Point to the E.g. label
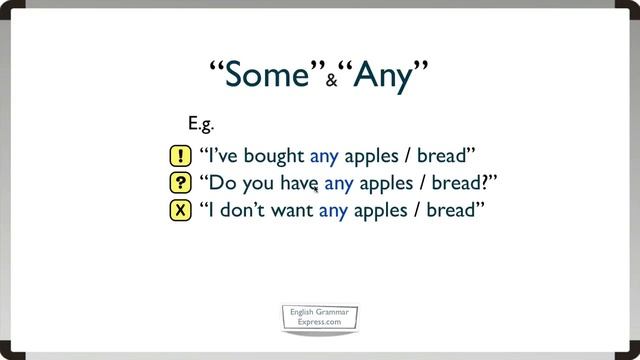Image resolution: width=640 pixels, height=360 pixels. pos(202,124)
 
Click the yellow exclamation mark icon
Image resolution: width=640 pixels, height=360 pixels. pos(180,157)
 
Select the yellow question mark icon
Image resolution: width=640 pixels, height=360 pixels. pos(180,184)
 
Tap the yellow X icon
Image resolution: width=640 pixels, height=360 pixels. pos(180,211)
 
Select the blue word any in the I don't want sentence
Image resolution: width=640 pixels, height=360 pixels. pos(333,211)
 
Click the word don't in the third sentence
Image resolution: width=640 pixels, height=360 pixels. pos(243,211)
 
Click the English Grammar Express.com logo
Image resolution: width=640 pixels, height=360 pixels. pos(319,319)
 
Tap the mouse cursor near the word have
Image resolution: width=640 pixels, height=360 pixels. pos(316,187)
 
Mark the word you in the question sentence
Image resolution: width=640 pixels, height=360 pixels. pos(255,184)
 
